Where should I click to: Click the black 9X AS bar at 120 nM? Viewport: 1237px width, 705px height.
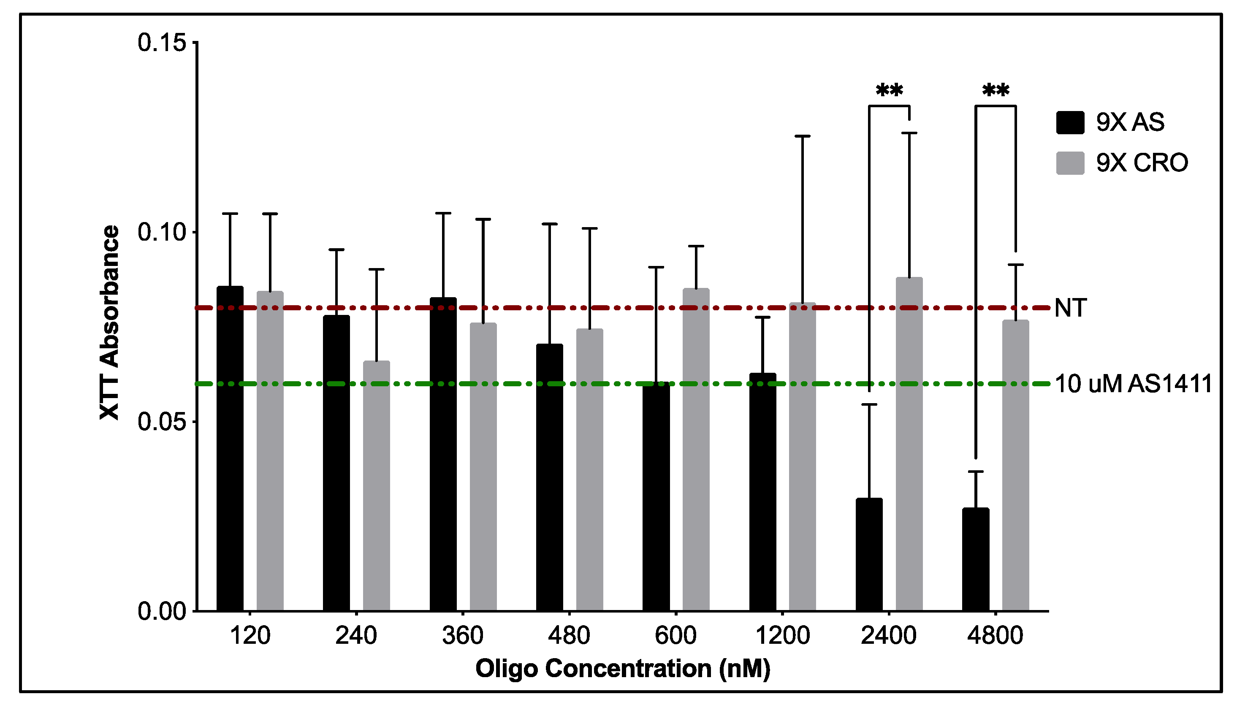[230, 448]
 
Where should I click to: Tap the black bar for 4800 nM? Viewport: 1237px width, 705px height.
[975, 559]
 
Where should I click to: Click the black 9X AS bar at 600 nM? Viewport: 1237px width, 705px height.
[656, 496]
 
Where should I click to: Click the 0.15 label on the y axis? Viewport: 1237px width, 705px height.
[162, 43]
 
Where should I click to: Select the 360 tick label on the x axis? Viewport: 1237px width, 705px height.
[462, 635]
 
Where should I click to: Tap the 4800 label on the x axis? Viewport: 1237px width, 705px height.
[995, 635]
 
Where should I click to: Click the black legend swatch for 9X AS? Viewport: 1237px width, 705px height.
[1070, 122]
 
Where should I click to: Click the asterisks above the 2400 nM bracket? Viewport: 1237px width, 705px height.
[890, 90]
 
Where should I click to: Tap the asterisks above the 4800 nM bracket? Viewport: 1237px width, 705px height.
[996, 90]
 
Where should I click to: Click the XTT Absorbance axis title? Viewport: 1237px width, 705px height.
[109, 322]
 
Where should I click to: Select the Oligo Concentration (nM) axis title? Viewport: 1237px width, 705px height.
[623, 669]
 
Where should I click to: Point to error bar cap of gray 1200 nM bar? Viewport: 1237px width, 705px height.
[802, 136]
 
